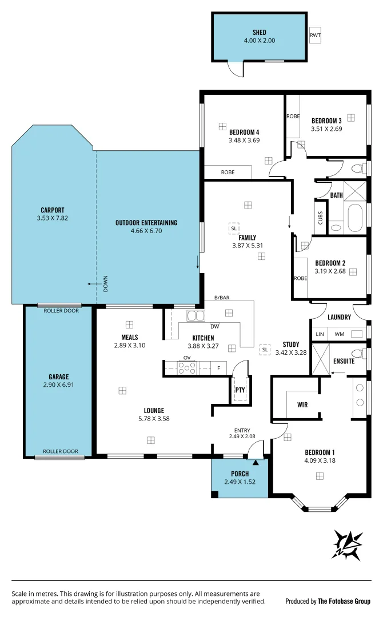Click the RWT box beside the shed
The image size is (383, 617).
pyautogui.click(x=315, y=35)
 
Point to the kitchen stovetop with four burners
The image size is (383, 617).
pyautogui.click(x=187, y=368)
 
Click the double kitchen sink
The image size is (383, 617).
pyautogui.click(x=196, y=316)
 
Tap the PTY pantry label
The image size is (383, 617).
pyautogui.click(x=240, y=390)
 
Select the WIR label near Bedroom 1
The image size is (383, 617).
pyautogui.click(x=303, y=404)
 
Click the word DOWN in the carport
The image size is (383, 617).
pyautogui.click(x=106, y=283)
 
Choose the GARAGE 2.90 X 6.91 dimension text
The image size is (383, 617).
pyautogui.click(x=58, y=384)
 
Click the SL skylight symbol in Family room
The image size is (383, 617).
pyautogui.click(x=234, y=228)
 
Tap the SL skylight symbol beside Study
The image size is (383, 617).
pyautogui.click(x=265, y=349)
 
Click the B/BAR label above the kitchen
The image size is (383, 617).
pyautogui.click(x=222, y=298)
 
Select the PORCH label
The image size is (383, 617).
pyautogui.click(x=240, y=474)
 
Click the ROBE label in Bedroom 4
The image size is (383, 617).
pyautogui.click(x=228, y=172)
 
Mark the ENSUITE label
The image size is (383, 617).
pyautogui.click(x=344, y=361)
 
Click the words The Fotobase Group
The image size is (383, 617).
pyautogui.click(x=344, y=601)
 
